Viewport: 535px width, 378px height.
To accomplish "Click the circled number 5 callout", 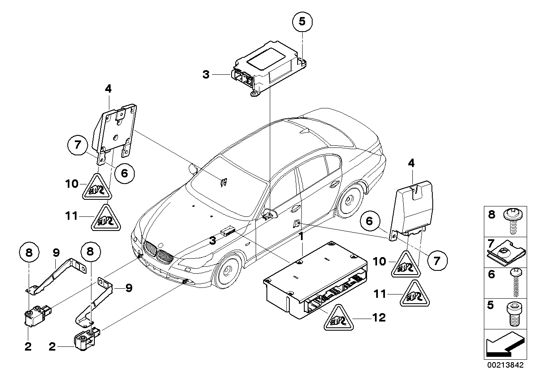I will pos(302,22).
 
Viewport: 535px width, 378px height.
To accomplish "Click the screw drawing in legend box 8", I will pos(514,221).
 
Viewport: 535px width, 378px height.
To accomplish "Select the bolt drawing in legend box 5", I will pos(514,313).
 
